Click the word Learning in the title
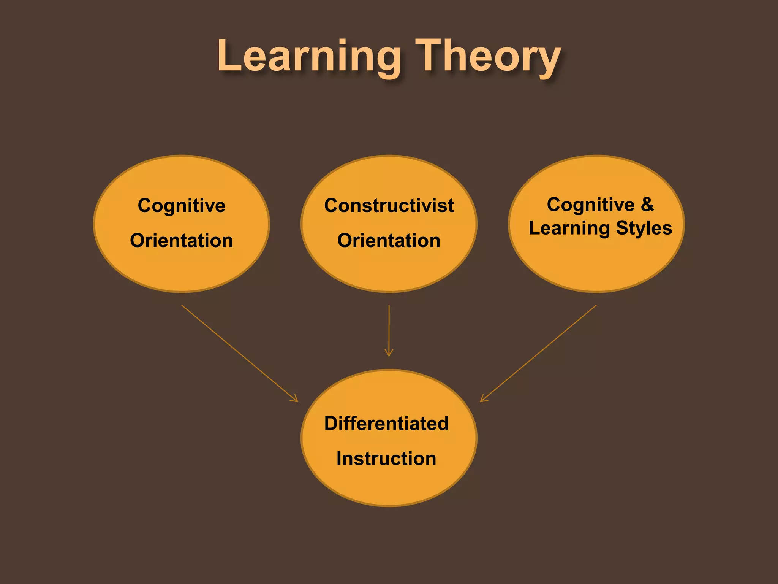(x=309, y=57)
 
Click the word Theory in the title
(x=488, y=57)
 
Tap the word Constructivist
(x=389, y=206)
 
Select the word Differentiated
(x=386, y=424)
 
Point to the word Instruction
(x=386, y=459)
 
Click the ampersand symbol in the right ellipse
(x=647, y=205)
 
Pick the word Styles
(x=644, y=229)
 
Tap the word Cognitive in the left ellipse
(x=182, y=206)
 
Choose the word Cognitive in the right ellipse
(x=591, y=205)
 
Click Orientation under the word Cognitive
(x=182, y=241)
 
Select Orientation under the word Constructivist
(x=389, y=241)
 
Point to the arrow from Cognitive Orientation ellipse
(x=239, y=353)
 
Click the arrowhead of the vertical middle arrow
(x=389, y=354)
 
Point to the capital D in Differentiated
(x=331, y=424)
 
